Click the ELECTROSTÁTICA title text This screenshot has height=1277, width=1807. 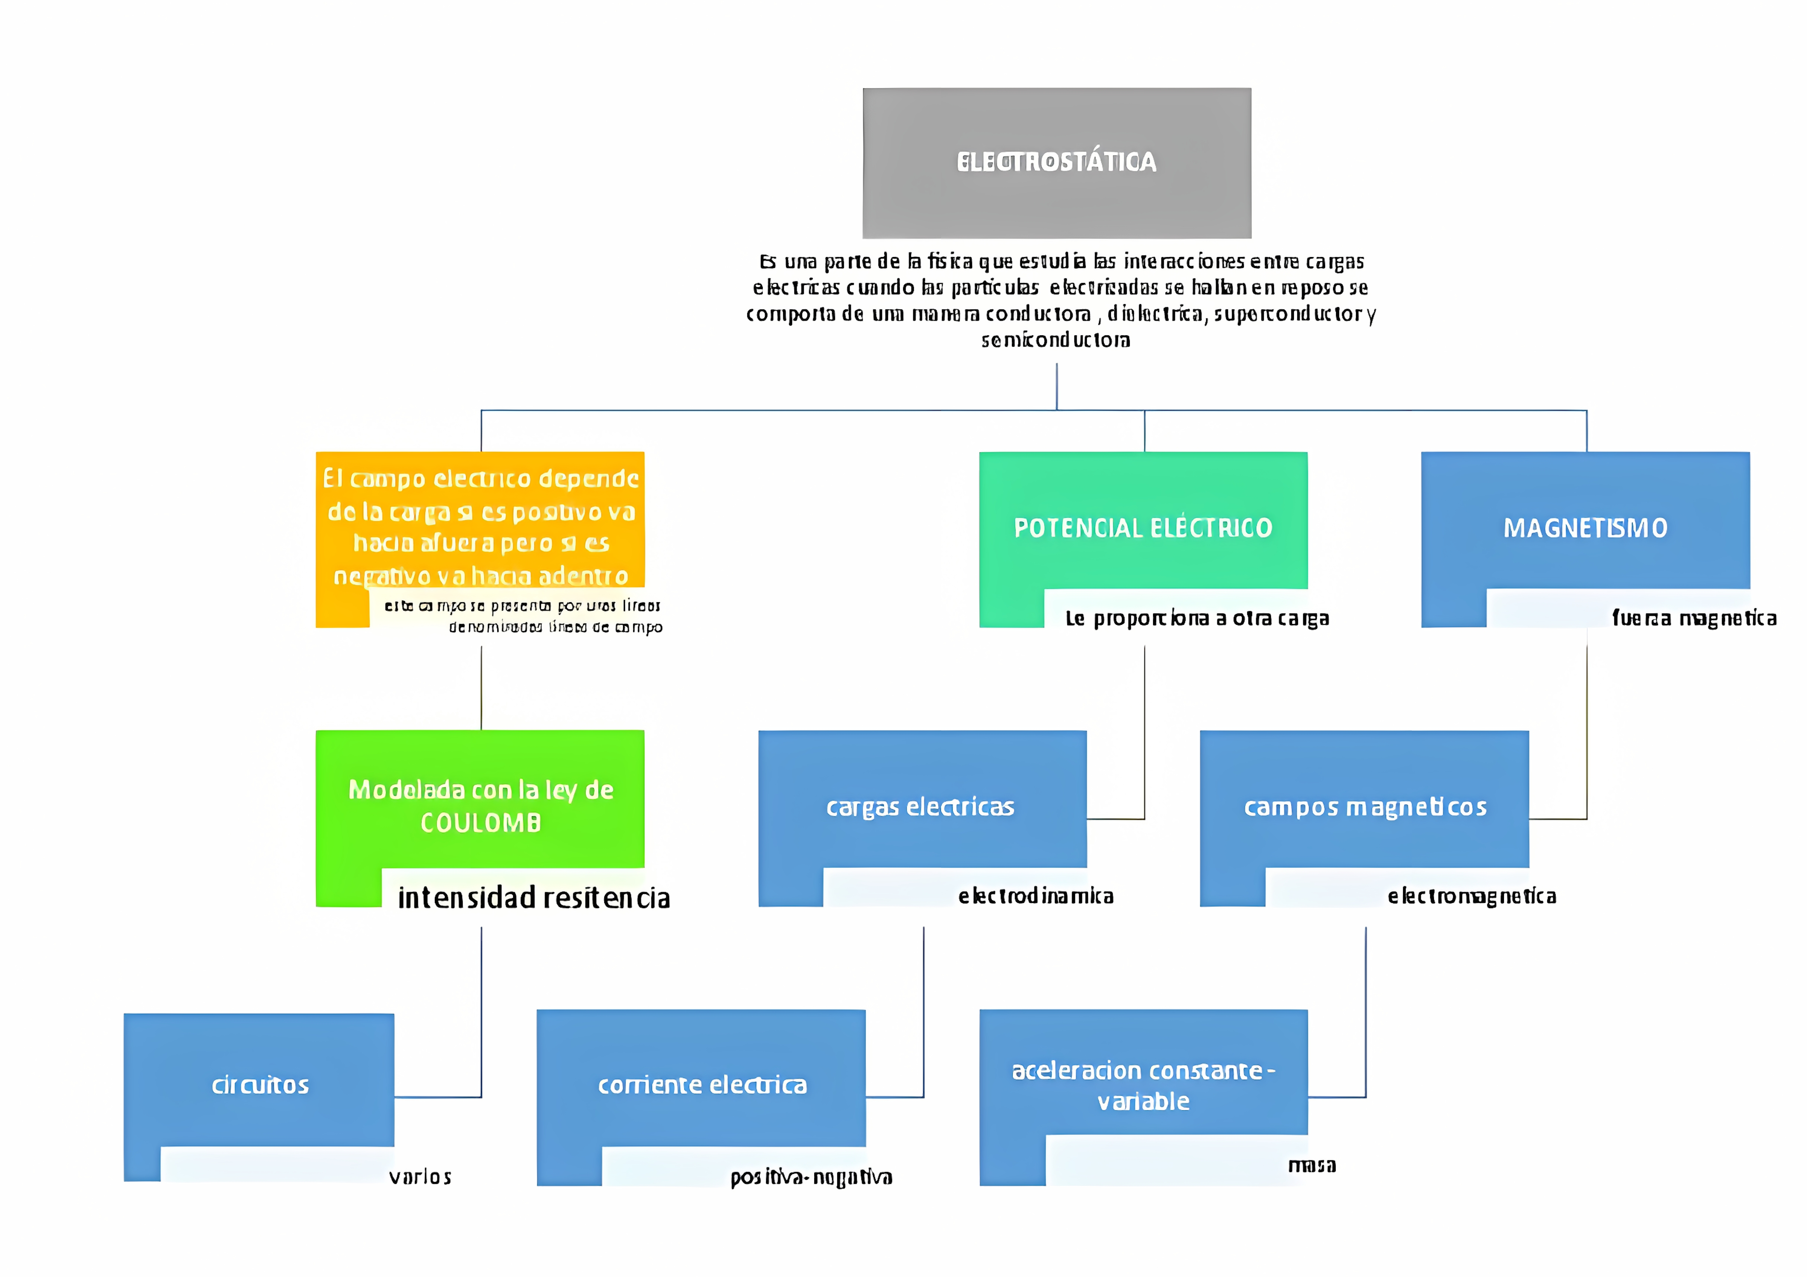click(1056, 162)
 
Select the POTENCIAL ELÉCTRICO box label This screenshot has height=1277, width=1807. click(1143, 528)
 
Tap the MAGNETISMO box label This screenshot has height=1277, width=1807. click(1585, 528)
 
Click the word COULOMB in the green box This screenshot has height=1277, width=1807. click(481, 823)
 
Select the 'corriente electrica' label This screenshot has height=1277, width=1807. click(702, 1085)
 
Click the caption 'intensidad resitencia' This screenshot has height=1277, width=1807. click(533, 898)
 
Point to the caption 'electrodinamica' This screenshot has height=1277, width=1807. click(1036, 896)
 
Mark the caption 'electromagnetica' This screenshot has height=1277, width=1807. click(1472, 896)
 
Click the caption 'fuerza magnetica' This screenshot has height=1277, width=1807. click(1694, 618)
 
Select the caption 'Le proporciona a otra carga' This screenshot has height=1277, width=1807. click(1197, 618)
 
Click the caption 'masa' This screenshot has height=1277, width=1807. click(1312, 1165)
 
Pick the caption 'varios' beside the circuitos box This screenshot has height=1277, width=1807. click(420, 1177)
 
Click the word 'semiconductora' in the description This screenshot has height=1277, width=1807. click(1055, 340)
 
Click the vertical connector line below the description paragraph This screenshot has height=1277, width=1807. click(1056, 385)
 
